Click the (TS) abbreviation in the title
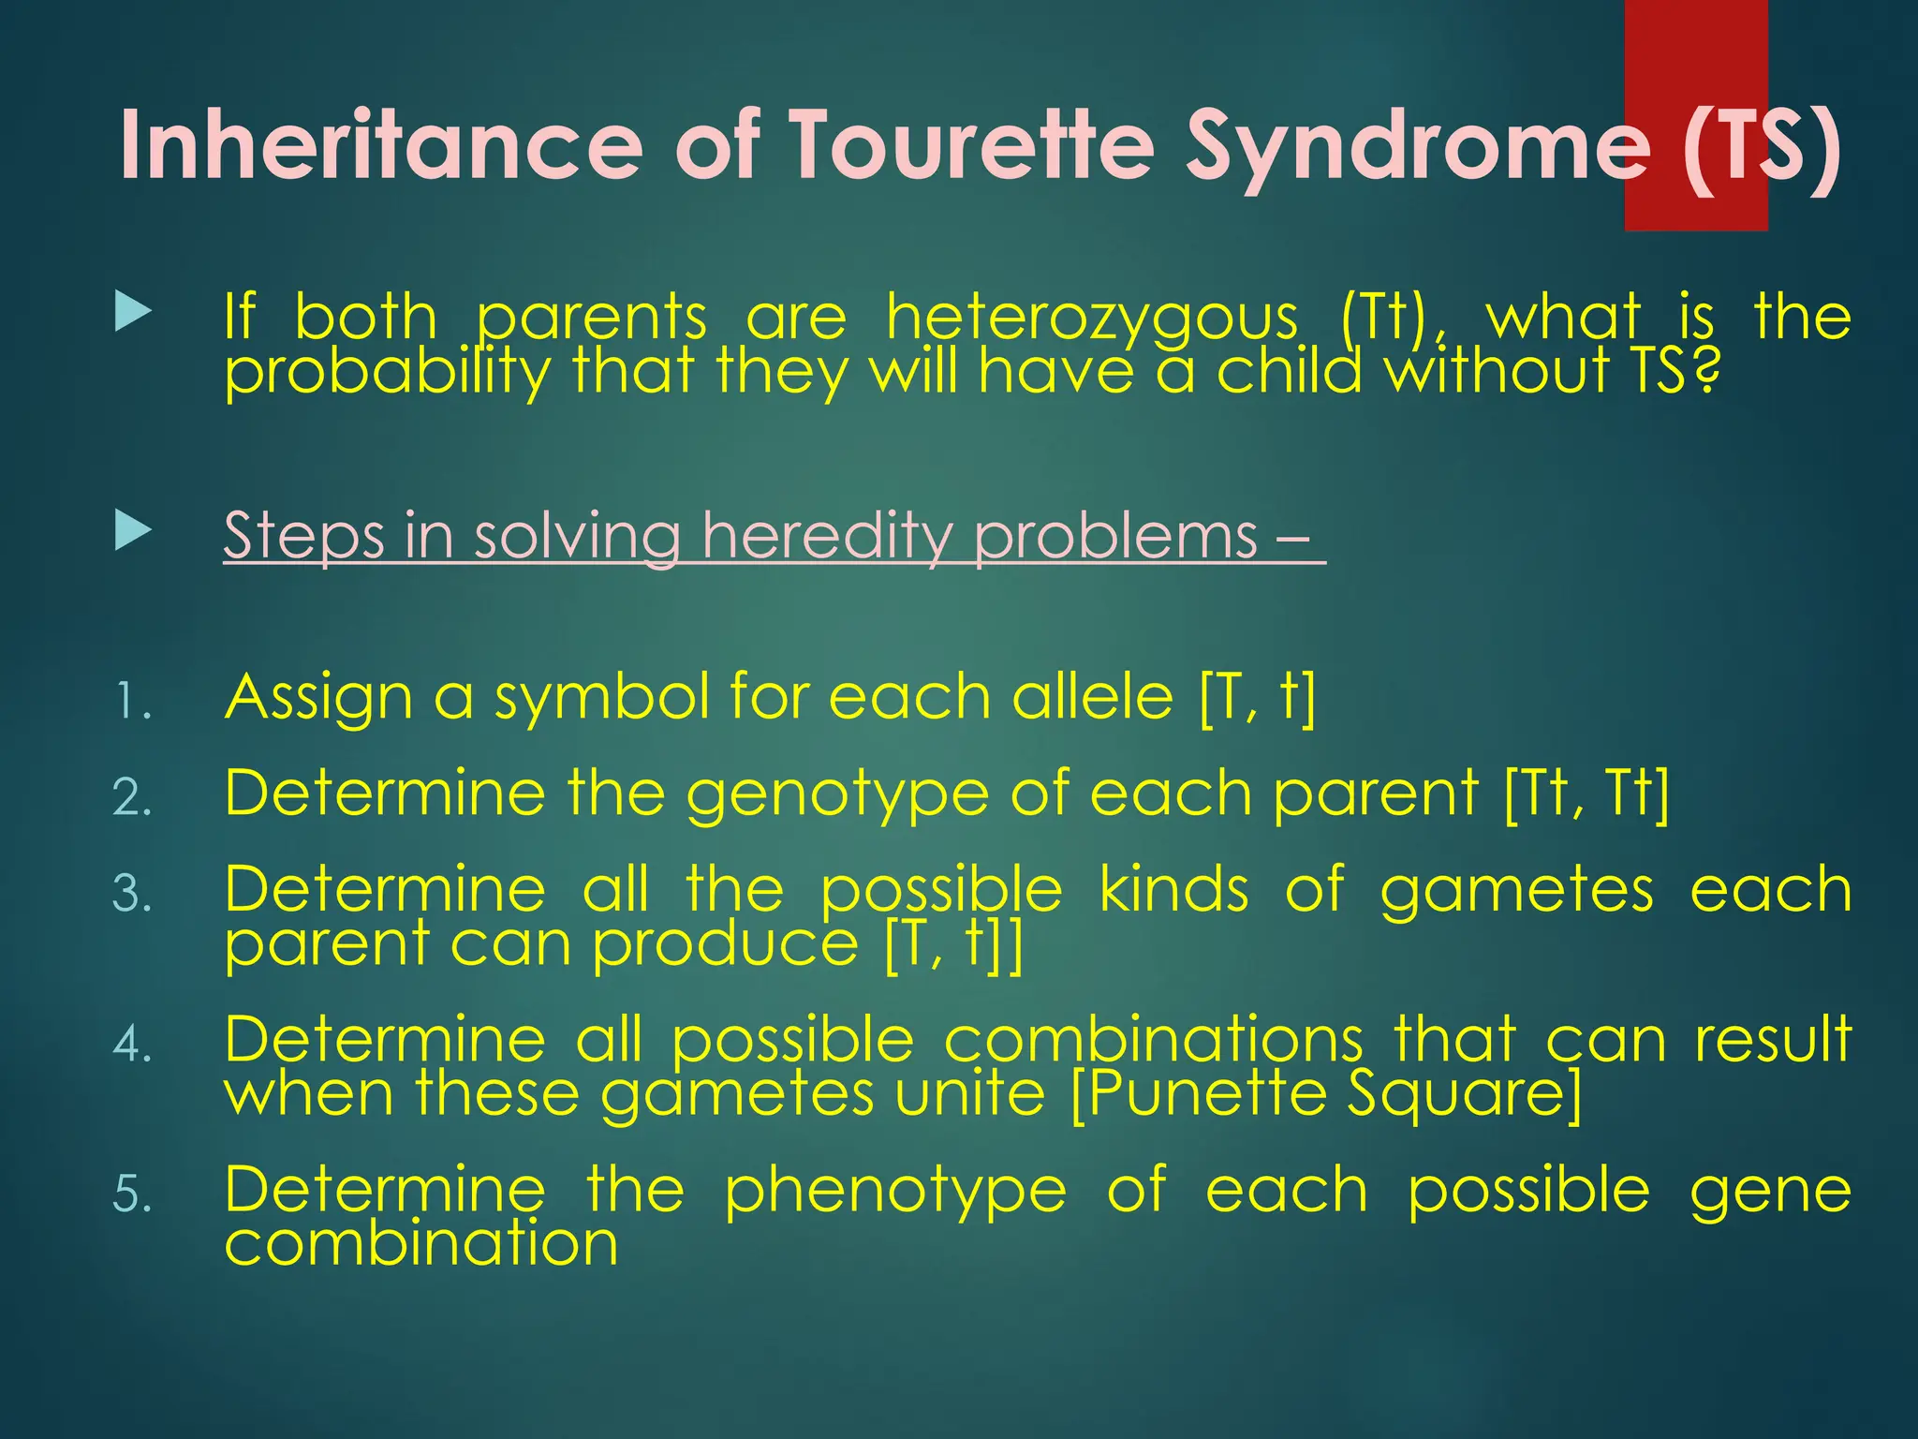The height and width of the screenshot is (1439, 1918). [1761, 145]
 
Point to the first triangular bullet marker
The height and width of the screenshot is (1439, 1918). [132, 311]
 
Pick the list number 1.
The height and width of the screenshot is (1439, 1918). [131, 702]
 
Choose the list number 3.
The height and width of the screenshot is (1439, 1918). [131, 893]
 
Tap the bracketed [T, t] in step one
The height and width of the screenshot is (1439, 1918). [1257, 698]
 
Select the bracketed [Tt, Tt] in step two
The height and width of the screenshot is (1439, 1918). [1586, 794]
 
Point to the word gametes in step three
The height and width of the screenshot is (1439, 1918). [1516, 890]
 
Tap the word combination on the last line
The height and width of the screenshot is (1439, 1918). [420, 1244]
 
